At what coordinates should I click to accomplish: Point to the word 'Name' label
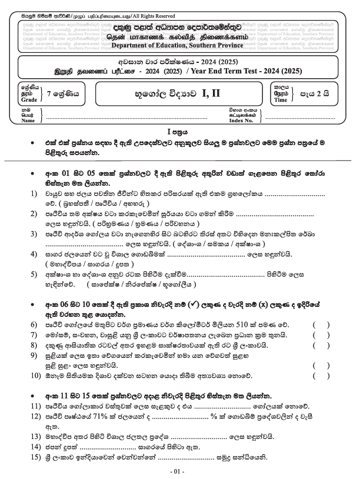(x=27, y=120)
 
